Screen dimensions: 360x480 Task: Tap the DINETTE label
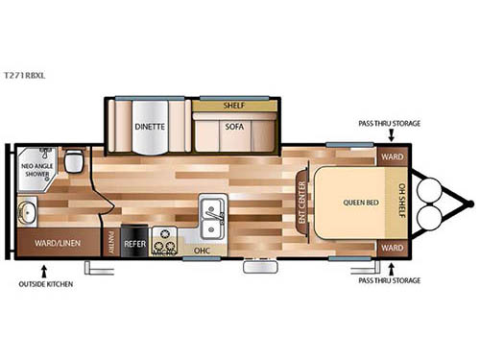click(150, 126)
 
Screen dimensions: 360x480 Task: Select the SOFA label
click(234, 126)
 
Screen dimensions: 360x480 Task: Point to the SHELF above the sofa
click(234, 106)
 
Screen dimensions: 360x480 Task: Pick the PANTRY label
click(111, 245)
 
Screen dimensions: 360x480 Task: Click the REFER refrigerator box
click(134, 244)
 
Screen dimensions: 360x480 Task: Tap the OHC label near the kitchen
click(202, 252)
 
